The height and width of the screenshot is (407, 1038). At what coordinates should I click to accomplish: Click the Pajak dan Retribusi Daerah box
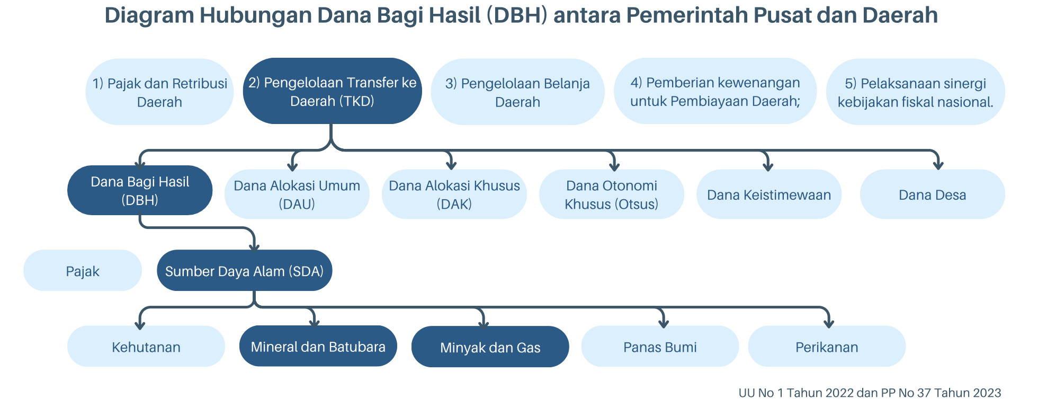pyautogui.click(x=159, y=92)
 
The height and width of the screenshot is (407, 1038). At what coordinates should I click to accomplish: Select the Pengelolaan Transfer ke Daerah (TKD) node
pyautogui.click(x=332, y=91)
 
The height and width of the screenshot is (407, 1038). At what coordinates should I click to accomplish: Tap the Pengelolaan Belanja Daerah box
pyautogui.click(x=517, y=92)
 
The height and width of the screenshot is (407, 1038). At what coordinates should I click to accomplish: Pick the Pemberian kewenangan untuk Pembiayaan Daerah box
pyautogui.click(x=715, y=91)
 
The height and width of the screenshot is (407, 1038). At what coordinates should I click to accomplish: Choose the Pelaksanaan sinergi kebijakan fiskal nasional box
pyautogui.click(x=915, y=92)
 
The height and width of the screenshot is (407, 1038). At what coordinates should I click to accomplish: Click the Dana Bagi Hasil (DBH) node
pyautogui.click(x=140, y=190)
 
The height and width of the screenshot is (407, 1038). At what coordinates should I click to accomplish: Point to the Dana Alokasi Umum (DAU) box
pyautogui.click(x=297, y=194)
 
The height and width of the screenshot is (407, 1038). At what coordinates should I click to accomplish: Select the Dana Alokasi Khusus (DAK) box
pyautogui.click(x=454, y=194)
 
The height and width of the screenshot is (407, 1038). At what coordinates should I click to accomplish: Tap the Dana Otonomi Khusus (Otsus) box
pyautogui.click(x=611, y=194)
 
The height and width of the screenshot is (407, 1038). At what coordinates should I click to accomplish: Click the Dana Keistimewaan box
pyautogui.click(x=769, y=194)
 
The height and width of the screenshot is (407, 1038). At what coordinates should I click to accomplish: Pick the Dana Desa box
pyautogui.click(x=932, y=194)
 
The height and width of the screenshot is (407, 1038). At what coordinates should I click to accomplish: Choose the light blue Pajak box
pyautogui.click(x=83, y=270)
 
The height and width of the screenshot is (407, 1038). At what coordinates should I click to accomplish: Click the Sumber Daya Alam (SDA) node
pyautogui.click(x=244, y=270)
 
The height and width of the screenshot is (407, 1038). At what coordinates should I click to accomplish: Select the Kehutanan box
pyautogui.click(x=146, y=346)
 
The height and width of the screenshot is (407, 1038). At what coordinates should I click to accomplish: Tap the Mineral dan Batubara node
pyautogui.click(x=318, y=346)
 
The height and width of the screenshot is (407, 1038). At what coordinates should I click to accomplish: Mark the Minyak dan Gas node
pyautogui.click(x=490, y=347)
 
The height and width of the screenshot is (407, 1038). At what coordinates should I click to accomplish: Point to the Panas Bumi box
pyautogui.click(x=660, y=346)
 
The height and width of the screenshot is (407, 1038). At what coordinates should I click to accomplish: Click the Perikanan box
pyautogui.click(x=827, y=346)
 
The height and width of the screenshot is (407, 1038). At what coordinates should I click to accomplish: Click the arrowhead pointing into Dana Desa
pyautogui.click(x=938, y=165)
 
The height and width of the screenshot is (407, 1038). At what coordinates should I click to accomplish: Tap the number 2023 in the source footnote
pyautogui.click(x=987, y=393)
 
